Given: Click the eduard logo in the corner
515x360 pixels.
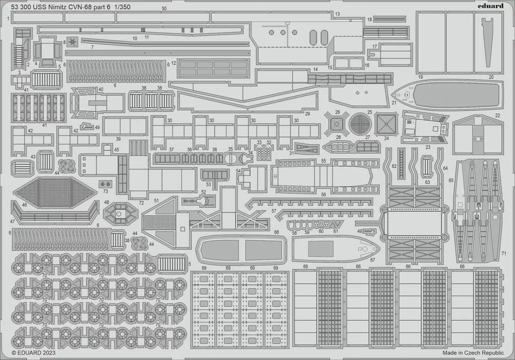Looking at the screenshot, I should click(x=491, y=6).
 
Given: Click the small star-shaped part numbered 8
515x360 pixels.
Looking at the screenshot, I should click(x=74, y=41).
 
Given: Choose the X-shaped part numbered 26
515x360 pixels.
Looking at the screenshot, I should click(x=337, y=124).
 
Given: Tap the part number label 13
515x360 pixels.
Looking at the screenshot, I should click(x=337, y=13).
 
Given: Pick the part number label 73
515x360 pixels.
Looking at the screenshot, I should click(x=106, y=191).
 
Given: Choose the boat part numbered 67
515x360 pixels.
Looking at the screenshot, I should click(x=335, y=248).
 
